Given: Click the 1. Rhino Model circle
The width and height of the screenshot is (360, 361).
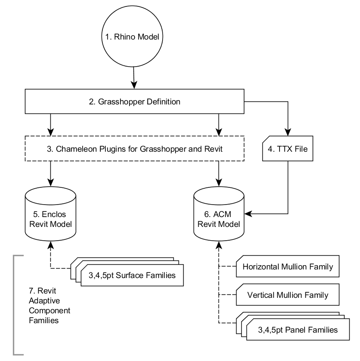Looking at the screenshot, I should (x=132, y=37).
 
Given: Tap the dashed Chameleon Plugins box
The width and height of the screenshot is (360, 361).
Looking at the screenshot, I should (x=134, y=148).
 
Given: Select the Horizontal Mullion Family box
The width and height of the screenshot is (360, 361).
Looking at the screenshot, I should (x=288, y=267).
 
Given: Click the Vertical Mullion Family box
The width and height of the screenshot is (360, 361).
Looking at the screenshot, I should (x=288, y=295).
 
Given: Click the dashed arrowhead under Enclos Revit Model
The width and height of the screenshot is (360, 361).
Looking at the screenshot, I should (x=51, y=245).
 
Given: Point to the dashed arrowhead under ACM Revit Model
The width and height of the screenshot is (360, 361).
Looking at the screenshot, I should (x=220, y=245).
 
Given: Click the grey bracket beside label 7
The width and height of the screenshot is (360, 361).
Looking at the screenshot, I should (x=14, y=305).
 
